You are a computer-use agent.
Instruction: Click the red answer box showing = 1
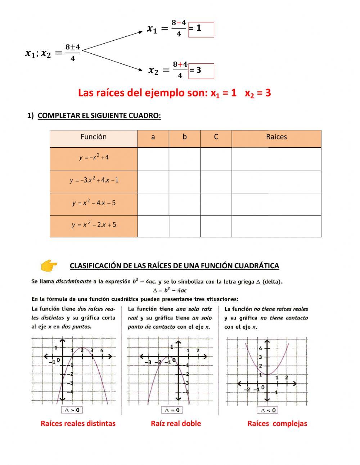coord(201,30)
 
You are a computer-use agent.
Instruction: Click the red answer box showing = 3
coord(201,71)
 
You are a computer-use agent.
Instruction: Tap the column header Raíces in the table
coord(276,137)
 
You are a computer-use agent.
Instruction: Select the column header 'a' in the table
coord(153,137)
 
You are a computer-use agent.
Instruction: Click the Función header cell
coord(94,137)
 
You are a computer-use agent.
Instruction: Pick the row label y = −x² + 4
coord(94,158)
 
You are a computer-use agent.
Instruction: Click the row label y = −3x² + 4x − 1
coord(94,180)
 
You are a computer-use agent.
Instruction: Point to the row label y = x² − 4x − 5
coord(94,203)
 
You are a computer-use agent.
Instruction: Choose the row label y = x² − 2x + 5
coord(94,225)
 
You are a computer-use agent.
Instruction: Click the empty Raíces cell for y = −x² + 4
coord(276,159)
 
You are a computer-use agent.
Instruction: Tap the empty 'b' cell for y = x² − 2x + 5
coord(184,226)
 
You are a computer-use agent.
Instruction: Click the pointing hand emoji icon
coord(49,266)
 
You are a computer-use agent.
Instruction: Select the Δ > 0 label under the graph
coord(72,410)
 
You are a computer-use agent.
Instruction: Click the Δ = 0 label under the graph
coord(172,410)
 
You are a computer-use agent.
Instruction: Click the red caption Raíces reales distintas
coord(78,424)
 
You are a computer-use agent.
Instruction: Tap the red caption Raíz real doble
coord(176,424)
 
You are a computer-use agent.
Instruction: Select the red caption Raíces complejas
coord(277,424)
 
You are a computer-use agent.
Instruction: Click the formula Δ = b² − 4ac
coord(170,290)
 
